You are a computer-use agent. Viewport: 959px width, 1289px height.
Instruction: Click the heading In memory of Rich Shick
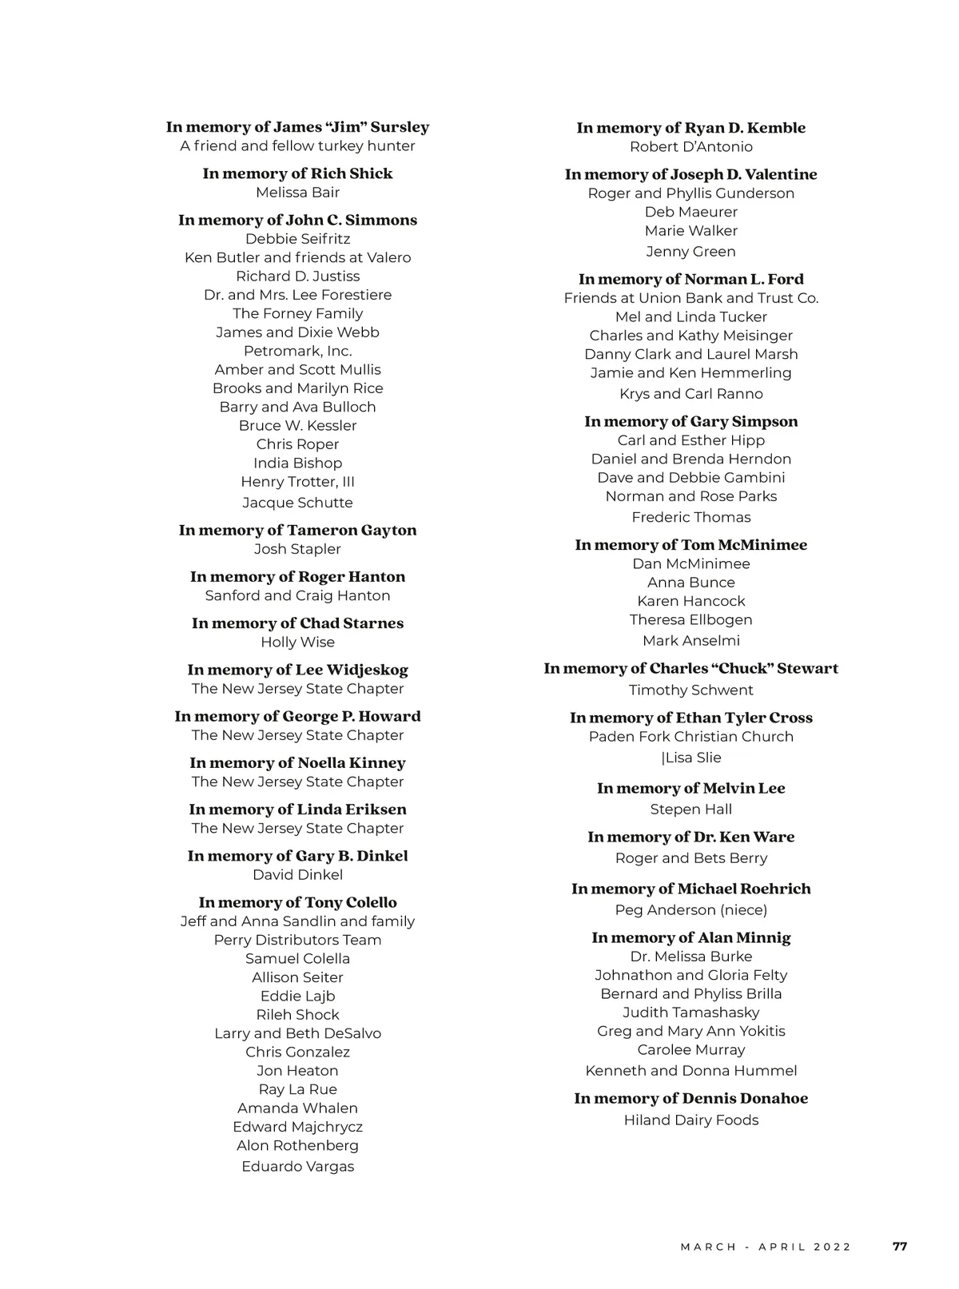click(297, 173)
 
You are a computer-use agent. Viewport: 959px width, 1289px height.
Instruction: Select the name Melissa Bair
click(297, 193)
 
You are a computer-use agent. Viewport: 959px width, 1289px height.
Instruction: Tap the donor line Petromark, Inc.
click(297, 351)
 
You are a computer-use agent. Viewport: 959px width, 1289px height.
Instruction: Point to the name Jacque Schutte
click(297, 503)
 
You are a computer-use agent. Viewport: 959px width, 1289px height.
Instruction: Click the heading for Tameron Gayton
click(297, 530)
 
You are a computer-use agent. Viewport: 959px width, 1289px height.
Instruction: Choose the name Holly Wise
click(297, 643)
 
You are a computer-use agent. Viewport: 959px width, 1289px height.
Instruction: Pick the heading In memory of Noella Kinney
click(297, 763)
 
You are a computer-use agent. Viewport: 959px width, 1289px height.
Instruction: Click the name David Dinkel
click(297, 875)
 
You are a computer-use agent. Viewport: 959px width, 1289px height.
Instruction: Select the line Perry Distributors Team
click(297, 940)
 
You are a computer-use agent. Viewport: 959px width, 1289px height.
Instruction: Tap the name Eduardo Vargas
click(297, 1167)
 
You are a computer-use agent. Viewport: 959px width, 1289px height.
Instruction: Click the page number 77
click(900, 1247)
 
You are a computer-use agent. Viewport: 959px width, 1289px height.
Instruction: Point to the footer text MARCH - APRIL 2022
click(766, 1247)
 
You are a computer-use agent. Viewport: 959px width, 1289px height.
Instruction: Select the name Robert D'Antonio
click(690, 147)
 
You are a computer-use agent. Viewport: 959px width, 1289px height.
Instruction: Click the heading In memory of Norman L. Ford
click(690, 279)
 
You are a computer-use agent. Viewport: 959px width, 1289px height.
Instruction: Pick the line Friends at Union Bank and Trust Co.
click(690, 298)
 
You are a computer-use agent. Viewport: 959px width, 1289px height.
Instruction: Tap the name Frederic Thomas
click(690, 518)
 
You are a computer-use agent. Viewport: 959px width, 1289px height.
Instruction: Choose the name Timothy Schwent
click(690, 690)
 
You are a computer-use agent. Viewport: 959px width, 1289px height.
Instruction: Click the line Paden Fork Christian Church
click(690, 737)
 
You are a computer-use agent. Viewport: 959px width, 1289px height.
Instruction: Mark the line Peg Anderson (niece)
click(690, 910)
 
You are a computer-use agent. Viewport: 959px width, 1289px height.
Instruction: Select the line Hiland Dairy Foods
click(690, 1120)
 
